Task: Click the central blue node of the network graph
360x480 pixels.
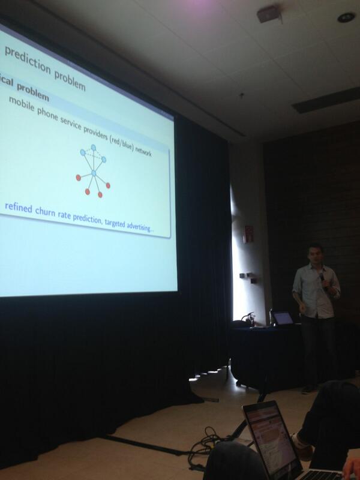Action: click(x=93, y=173)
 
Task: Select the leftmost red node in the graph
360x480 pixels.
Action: click(x=79, y=178)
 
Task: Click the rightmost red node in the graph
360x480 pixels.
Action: click(x=108, y=185)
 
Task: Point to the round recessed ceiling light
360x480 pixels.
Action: click(x=346, y=17)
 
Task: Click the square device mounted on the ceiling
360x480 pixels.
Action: click(x=268, y=14)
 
